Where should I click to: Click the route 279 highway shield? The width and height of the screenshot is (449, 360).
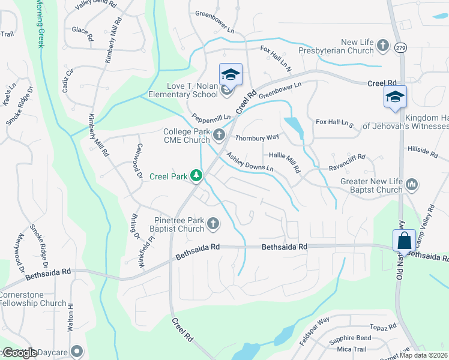400,46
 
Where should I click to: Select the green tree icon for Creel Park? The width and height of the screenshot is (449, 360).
196,176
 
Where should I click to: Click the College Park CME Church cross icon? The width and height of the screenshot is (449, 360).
220,136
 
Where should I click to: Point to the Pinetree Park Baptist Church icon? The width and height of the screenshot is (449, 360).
212,224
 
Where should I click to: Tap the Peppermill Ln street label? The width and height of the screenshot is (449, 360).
211,119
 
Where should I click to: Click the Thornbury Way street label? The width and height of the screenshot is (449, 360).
258,137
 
